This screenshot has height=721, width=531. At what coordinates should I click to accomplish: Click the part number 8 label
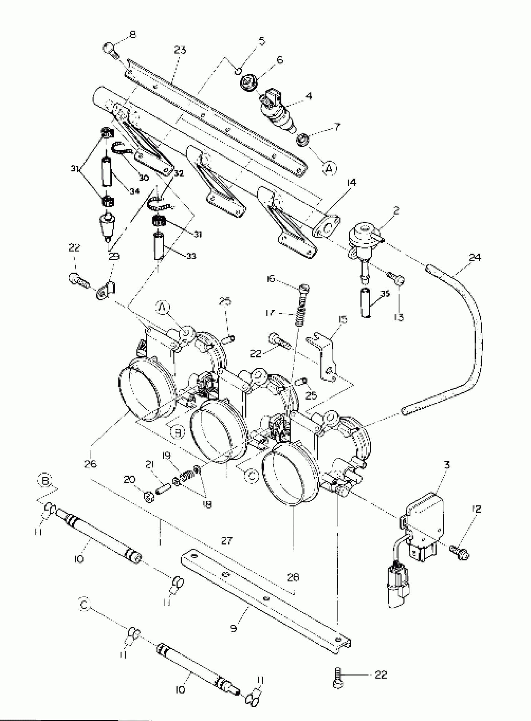(132, 34)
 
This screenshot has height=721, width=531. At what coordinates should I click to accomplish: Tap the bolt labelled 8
(109, 51)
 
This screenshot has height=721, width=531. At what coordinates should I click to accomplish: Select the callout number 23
(180, 50)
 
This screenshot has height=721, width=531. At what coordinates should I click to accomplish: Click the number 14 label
(352, 182)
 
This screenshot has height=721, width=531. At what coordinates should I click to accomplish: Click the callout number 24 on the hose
(475, 257)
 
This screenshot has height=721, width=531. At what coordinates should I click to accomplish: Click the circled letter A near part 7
(329, 168)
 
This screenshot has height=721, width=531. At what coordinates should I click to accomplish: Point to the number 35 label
(385, 294)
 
